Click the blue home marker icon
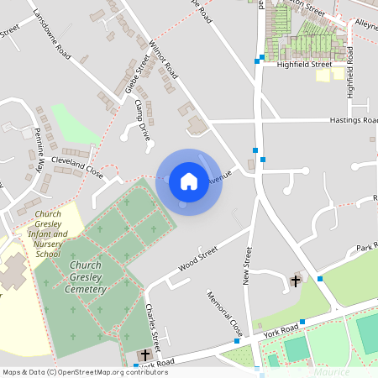coord(189,181)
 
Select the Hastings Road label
coord(353,120)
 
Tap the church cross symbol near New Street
coord(295,280)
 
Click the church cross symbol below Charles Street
coord(144,355)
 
